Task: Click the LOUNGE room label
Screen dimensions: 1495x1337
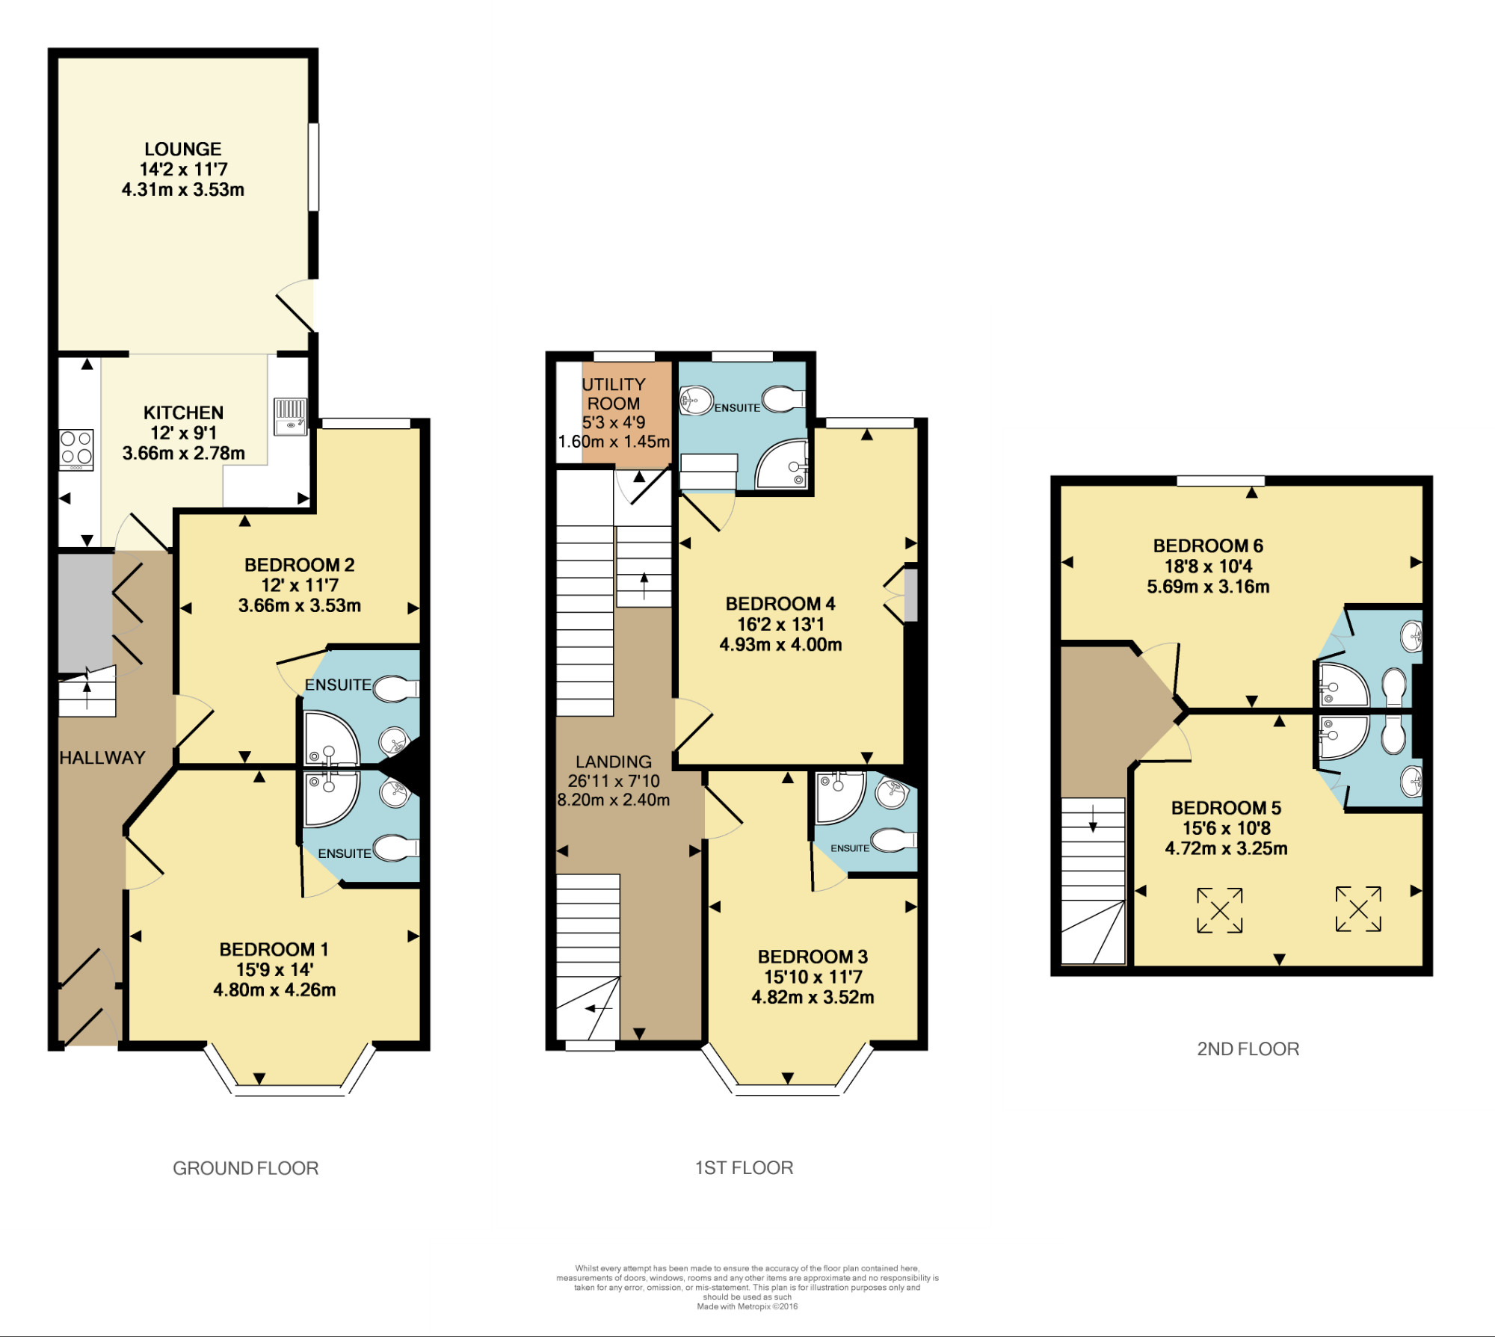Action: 183,149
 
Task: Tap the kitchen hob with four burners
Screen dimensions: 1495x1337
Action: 77,449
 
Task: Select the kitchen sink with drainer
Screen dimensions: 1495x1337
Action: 291,416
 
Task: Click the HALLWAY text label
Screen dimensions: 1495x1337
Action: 102,758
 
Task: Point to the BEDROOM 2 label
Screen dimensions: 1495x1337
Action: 300,565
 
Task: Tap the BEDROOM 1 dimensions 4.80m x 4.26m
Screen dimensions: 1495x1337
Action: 274,990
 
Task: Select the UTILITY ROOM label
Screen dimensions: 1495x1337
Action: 614,394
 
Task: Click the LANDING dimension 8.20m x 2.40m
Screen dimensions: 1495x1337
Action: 614,800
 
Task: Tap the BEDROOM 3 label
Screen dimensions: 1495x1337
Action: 813,957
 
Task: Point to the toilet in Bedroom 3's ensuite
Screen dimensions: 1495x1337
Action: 894,840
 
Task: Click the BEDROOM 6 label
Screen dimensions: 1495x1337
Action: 1208,546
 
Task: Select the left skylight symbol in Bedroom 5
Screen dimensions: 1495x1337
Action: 1220,910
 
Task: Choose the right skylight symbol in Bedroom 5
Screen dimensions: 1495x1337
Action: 1358,909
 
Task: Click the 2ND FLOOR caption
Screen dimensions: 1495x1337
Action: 1248,1049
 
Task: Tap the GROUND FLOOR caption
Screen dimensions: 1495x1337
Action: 246,1168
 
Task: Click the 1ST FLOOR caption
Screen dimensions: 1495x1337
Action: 745,1168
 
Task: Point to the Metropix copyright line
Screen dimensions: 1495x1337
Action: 747,1306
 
